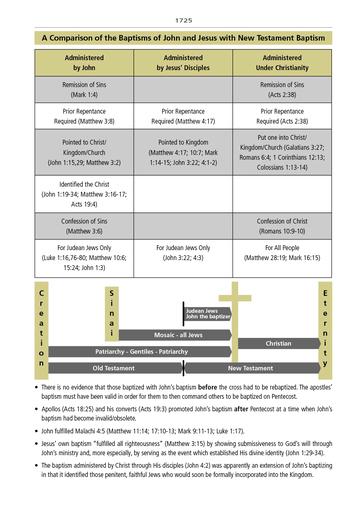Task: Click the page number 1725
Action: [x=180, y=20]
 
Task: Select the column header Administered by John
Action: [x=84, y=63]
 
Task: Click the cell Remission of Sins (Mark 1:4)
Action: [x=84, y=90]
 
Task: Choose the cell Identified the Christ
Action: [x=84, y=191]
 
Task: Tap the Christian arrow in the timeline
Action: [x=278, y=343]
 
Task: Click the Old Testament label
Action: [x=112, y=368]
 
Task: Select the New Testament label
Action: [x=243, y=368]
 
